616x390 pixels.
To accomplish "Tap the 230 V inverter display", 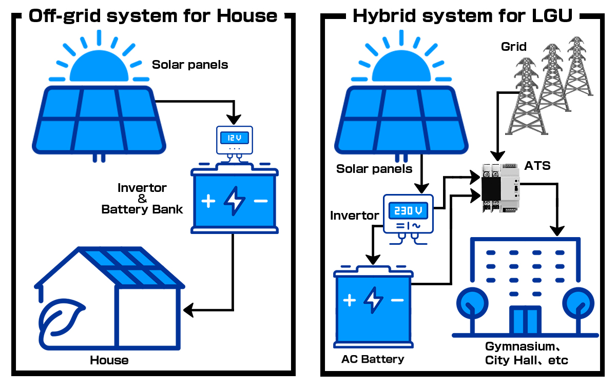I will tap(409, 211).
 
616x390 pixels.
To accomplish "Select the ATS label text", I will tap(537, 165).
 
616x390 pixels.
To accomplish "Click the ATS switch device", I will tap(500, 188).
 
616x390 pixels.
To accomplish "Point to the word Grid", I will tap(514, 47).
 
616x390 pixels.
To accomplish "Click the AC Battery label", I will tap(373, 359).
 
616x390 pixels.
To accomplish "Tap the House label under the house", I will tap(109, 360).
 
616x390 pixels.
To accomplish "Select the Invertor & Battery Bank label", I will tap(142, 199).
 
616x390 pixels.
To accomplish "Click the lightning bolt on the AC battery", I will tap(373, 300).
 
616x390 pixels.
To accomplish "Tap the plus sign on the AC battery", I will tap(350, 300).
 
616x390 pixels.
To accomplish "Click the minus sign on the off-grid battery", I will tap(261, 201).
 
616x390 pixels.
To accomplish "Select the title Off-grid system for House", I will tap(153, 16).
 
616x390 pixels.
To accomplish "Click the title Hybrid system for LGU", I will tap(463, 16).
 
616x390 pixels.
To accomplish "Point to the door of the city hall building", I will tap(525, 321).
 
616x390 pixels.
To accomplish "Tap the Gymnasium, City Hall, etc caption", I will tap(527, 353).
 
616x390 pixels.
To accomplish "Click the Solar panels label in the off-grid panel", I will tap(190, 65).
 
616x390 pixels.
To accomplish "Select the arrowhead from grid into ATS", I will tap(496, 155).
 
